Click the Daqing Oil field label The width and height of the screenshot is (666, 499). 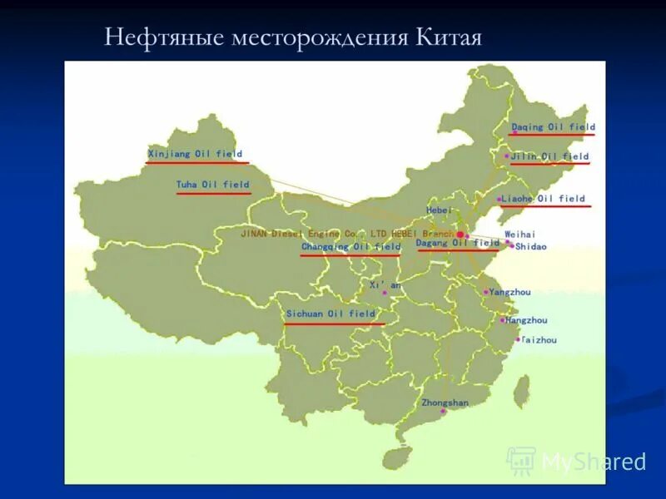tap(553, 127)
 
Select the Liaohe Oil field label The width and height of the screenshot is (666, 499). tap(544, 199)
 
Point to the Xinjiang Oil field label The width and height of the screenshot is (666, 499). tap(196, 154)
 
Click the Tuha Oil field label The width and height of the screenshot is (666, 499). tap(212, 185)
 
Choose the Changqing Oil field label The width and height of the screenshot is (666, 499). tap(350, 247)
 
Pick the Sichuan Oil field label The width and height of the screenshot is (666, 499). tap(331, 314)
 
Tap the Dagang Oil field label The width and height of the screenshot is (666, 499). tap(457, 244)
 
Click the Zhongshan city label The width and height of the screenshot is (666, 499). tap(445, 403)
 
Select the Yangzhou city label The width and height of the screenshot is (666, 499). tap(509, 293)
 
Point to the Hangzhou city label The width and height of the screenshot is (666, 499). tap(526, 320)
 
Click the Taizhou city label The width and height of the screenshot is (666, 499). tap(539, 340)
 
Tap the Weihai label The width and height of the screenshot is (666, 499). tap(520, 235)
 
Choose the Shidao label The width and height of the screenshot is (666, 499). tap(531, 247)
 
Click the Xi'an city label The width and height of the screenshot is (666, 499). tap(385, 285)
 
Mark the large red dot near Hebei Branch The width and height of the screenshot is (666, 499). tap(460, 235)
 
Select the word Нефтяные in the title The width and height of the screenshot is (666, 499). tap(155, 38)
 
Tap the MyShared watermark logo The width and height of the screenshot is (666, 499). tap(521, 460)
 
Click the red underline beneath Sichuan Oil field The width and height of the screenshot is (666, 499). tap(334, 324)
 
